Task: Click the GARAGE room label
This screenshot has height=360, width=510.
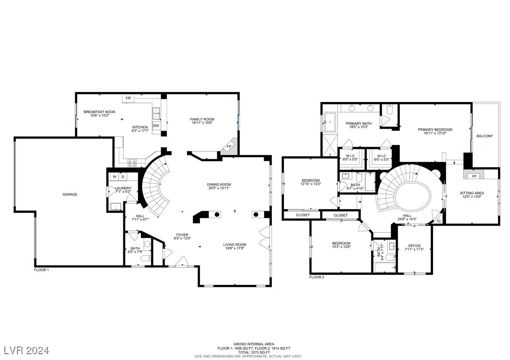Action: click(x=70, y=195)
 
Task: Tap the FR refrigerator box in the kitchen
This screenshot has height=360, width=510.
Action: click(x=128, y=98)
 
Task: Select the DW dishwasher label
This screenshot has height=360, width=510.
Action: click(x=156, y=126)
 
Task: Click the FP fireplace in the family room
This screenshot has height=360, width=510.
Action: click(x=229, y=146)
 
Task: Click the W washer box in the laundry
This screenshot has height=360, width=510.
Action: click(x=115, y=177)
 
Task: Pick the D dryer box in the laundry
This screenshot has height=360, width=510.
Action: click(x=123, y=177)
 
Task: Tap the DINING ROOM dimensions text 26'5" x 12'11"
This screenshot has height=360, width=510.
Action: click(x=219, y=189)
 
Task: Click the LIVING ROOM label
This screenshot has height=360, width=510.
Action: click(x=235, y=245)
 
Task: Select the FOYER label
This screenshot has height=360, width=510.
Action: click(x=182, y=235)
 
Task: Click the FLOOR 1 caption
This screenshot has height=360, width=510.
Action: click(x=41, y=270)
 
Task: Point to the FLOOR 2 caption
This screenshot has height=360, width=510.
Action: click(x=316, y=277)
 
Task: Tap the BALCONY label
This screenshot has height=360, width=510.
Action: click(x=484, y=136)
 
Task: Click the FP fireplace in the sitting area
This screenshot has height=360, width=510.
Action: click(x=474, y=176)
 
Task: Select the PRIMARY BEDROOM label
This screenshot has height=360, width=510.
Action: click(x=435, y=130)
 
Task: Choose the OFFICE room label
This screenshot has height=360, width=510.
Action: click(x=414, y=246)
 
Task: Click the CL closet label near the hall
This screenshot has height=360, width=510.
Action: click(x=439, y=221)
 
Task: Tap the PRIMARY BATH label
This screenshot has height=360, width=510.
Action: click(x=359, y=123)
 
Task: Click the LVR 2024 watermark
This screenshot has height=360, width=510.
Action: click(x=26, y=349)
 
